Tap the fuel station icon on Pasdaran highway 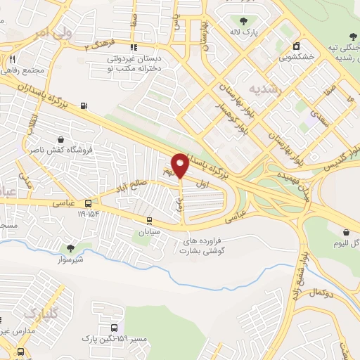pos(85,106)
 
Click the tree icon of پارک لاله pos(244,20)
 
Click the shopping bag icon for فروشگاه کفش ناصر pos(61,139)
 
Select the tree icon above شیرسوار pos(70,247)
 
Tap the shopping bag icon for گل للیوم pos(346,233)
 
